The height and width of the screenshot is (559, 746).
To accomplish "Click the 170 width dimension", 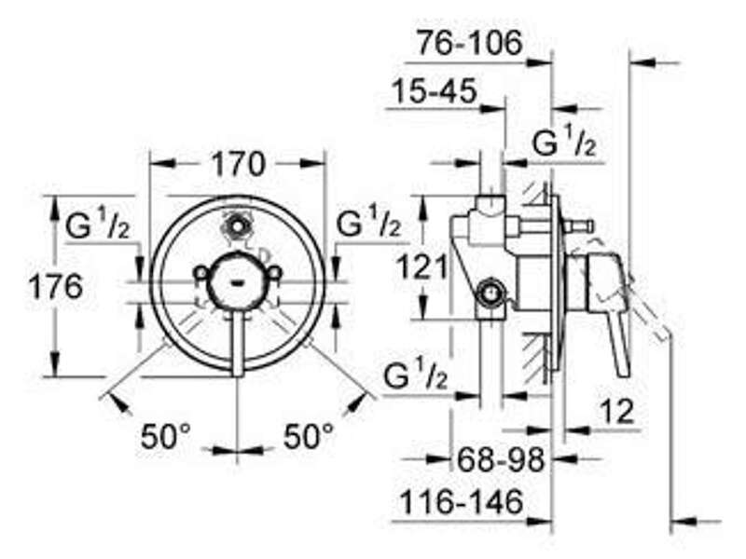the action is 238,164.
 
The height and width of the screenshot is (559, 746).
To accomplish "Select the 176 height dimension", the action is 56,287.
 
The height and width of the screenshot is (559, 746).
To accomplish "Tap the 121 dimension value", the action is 422,266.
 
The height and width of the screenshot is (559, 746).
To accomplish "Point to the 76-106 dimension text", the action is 470,43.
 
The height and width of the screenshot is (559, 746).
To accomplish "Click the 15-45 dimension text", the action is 434,90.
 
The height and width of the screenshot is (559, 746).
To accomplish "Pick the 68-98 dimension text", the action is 500,459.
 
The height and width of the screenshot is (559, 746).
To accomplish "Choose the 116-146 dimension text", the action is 462,502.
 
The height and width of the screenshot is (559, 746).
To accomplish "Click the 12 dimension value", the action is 616,412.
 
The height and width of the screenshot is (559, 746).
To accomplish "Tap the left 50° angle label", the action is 166,436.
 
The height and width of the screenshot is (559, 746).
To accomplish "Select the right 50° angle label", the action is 309,436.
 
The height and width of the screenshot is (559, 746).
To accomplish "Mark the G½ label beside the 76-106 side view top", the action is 564,141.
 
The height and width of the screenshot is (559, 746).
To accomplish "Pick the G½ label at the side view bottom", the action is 415,375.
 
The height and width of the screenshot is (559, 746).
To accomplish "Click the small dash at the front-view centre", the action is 237,284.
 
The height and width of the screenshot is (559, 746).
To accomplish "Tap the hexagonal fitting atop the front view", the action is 237,224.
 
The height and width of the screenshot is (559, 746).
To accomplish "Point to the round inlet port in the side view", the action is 489,294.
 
